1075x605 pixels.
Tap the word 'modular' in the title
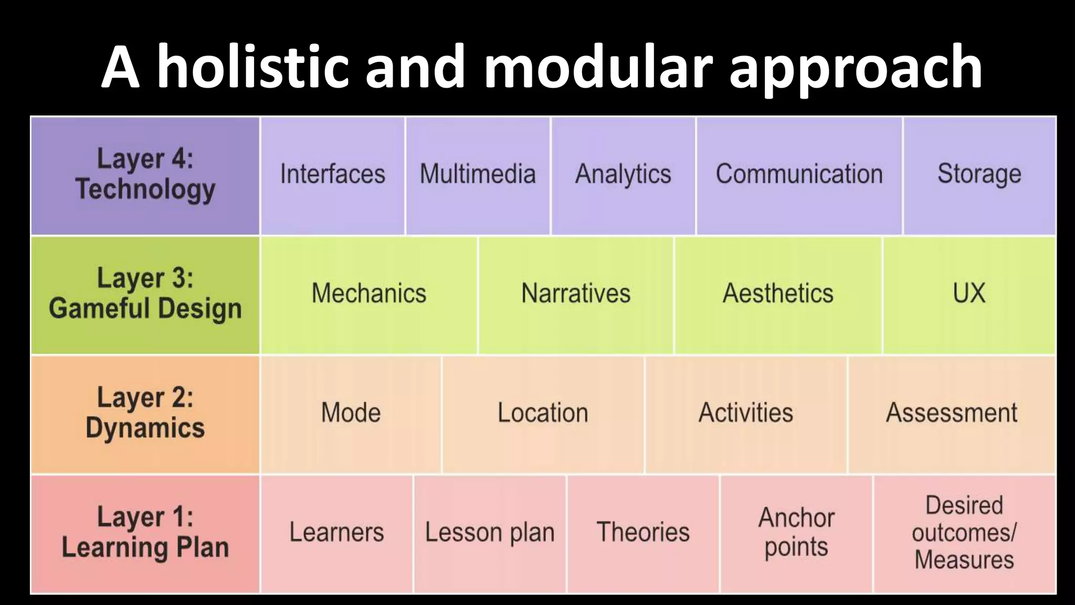click(598, 67)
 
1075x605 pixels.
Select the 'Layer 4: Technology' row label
click(145, 175)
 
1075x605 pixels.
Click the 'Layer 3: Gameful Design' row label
click(145, 294)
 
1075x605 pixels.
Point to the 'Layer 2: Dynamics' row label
click(145, 413)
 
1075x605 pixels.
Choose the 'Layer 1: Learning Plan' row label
click(145, 533)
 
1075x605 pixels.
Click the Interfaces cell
click(332, 175)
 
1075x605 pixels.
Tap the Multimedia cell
click(478, 175)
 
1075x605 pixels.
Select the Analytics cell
click(623, 175)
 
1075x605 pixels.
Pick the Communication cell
click(799, 175)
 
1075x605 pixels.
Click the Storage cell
click(979, 175)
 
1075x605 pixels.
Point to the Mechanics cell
click(368, 294)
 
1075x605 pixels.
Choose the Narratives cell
click(576, 294)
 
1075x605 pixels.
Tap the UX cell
click(969, 294)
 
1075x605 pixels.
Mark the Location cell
click(543, 413)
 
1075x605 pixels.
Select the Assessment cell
click(952, 413)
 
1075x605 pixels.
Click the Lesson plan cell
click(490, 533)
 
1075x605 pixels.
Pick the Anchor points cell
click(796, 533)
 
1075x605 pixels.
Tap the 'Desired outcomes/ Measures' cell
click(964, 533)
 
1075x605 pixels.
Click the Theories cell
click(643, 533)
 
